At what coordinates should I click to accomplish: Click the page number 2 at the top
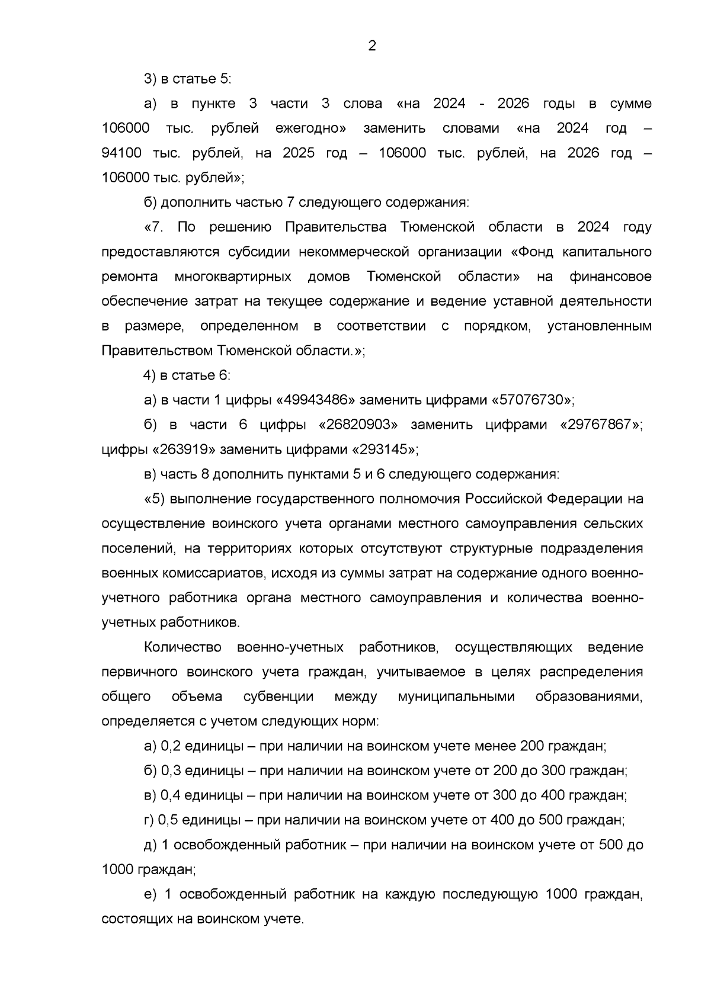point(371,46)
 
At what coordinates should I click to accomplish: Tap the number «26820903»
point(354,425)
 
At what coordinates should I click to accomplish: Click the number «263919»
point(184,449)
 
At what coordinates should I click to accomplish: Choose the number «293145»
point(383,449)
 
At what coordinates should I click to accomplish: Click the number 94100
point(121,153)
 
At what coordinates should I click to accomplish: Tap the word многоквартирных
point(233,277)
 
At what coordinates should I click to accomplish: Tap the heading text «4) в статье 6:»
point(188,375)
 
